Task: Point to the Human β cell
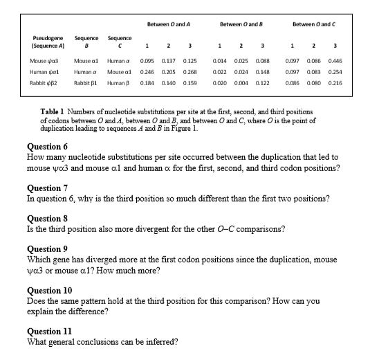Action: tap(119, 82)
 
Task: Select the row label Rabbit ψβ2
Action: tap(48, 82)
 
